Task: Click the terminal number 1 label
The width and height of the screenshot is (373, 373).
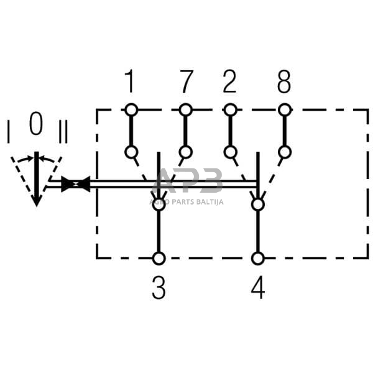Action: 130,81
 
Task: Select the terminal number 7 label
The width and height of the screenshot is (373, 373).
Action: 186,81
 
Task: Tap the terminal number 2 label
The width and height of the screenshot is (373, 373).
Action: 230,81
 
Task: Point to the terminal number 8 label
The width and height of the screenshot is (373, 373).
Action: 284,81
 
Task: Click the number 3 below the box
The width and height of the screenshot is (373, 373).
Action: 159,288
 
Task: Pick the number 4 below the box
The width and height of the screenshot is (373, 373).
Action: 257,288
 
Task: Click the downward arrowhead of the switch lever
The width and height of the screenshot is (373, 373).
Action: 37,199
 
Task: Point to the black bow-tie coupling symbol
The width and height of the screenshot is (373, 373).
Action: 75,184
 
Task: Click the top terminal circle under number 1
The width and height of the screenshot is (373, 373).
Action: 131,110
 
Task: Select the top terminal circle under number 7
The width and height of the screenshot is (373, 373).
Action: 185,110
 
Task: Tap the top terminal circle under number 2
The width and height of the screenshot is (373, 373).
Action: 230,110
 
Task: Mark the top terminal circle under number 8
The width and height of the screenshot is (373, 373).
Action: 285,110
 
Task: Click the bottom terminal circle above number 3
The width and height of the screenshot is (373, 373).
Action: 159,258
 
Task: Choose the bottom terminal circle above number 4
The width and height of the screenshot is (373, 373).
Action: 257,258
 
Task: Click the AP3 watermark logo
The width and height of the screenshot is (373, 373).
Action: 187,184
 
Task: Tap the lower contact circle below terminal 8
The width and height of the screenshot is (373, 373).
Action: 285,152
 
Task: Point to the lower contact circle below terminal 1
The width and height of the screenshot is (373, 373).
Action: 131,152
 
